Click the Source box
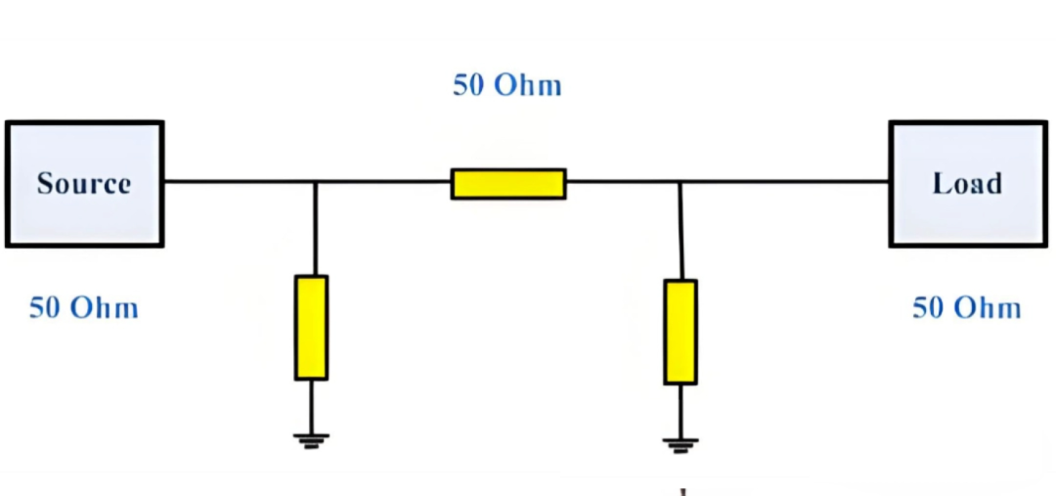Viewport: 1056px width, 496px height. point(84,184)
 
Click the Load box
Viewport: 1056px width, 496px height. point(968,184)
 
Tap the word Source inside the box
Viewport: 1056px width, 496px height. point(84,184)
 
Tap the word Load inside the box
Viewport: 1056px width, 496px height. point(968,184)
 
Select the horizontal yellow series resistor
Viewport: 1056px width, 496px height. point(508,184)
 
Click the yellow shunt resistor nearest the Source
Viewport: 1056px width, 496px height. point(311,328)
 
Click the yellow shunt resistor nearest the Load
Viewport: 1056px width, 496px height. point(681,333)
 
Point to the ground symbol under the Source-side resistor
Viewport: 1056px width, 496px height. point(311,441)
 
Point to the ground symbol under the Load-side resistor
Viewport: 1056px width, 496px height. point(681,445)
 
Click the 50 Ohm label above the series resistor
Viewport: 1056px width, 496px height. point(507,85)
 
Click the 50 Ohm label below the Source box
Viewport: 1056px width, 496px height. point(83,308)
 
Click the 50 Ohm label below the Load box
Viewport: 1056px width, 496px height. point(966,308)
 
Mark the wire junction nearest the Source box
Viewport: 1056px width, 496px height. point(315,181)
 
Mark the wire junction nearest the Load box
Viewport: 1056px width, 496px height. point(680,181)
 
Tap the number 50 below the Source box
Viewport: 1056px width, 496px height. point(45,308)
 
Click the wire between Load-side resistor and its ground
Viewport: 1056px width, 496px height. point(681,412)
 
